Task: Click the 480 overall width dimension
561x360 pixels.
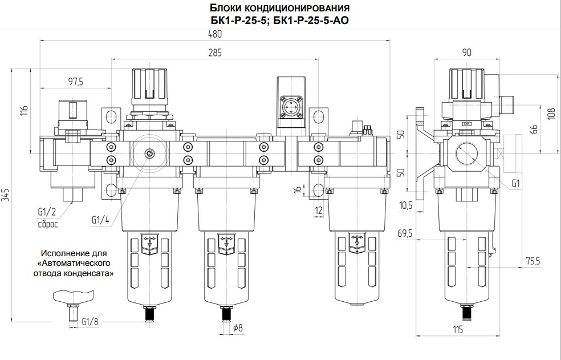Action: pos(215,34)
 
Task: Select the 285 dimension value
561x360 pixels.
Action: pos(215,52)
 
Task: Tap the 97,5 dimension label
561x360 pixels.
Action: pos(75,82)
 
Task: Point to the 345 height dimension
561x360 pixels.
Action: pos(5,200)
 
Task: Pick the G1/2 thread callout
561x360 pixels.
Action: pos(47,212)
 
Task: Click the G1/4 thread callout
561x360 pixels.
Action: pos(100,220)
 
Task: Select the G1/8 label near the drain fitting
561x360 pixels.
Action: pos(90,322)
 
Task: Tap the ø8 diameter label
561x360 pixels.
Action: pos(238,327)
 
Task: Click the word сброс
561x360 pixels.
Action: pos(48,225)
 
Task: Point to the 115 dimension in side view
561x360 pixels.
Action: pos(458,329)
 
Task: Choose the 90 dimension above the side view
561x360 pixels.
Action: pos(466,52)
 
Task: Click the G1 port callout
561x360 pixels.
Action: pos(515,183)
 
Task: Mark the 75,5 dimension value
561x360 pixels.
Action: pos(532,261)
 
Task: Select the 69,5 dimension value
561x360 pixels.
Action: pos(405,234)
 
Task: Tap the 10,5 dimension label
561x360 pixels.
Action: pos(405,205)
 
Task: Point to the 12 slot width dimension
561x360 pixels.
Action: pos(319,211)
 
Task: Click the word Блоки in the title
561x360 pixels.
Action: pos(223,7)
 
